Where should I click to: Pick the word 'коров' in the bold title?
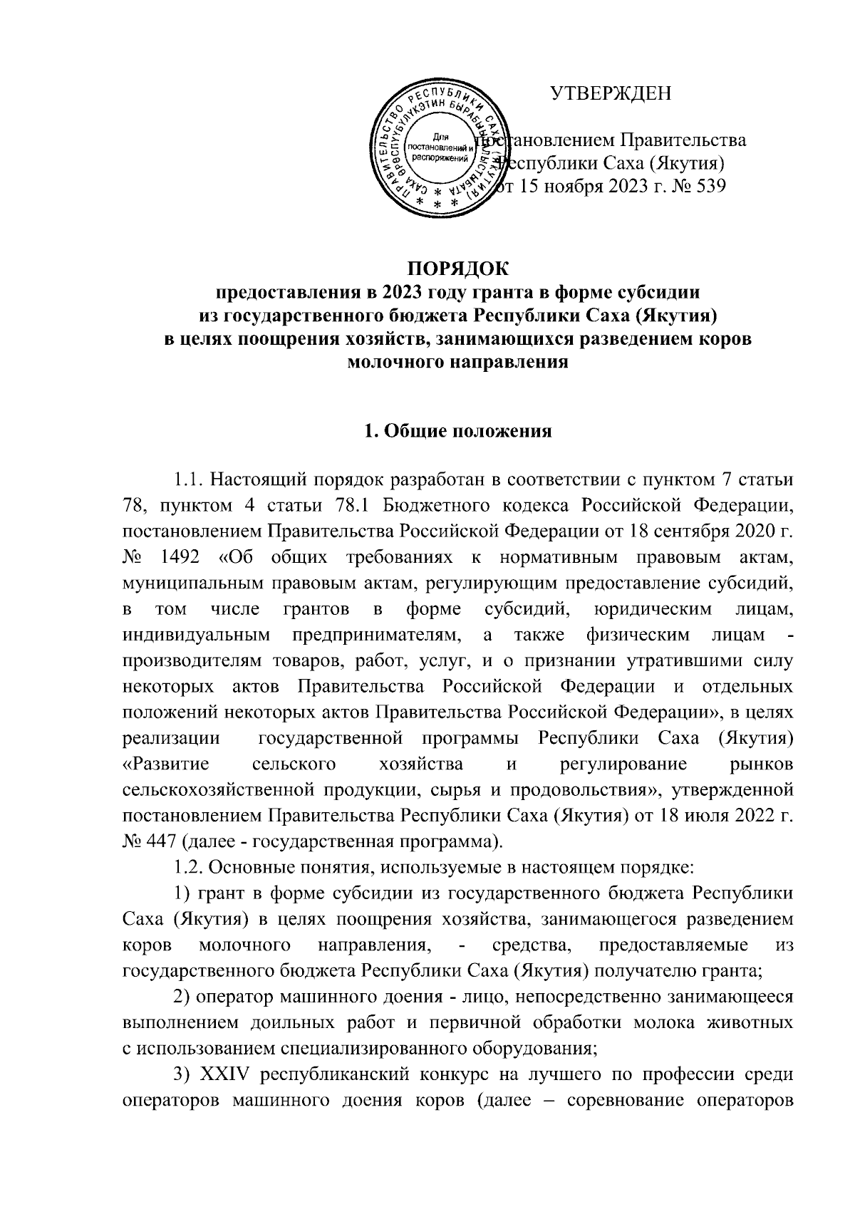pos(724,339)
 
